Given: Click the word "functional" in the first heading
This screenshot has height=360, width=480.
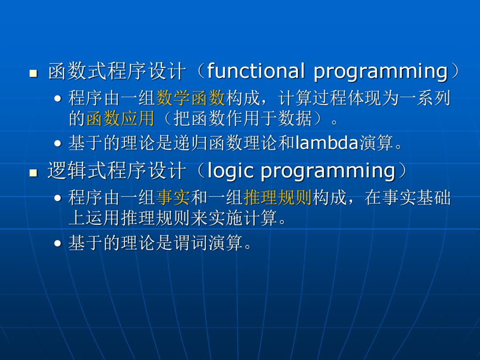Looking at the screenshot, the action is click(256, 71).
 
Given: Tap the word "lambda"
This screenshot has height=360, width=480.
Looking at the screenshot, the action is click(327, 143).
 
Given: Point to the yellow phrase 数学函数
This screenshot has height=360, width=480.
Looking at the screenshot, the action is click(191, 98).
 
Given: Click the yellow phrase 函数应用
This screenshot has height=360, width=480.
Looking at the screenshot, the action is click(120, 119).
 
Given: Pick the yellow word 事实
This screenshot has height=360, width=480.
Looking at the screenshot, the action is click(173, 197).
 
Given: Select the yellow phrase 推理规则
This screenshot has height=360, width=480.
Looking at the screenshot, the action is click(278, 197).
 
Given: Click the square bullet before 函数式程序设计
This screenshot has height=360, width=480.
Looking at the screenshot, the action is click(33, 73).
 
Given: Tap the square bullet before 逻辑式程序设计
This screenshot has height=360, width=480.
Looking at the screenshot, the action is click(33, 173).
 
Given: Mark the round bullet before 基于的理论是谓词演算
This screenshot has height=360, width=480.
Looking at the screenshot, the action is click(57, 244).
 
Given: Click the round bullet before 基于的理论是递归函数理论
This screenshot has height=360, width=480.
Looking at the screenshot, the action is click(57, 143).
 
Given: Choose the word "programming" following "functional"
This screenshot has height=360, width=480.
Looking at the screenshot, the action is click(380, 72).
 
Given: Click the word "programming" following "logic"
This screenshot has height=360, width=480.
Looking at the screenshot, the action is click(328, 172).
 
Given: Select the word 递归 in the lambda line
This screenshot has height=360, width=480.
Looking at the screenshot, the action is click(191, 143).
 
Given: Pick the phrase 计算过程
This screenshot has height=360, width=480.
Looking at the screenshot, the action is click(312, 98).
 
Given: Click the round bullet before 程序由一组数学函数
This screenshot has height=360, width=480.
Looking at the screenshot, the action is click(57, 99).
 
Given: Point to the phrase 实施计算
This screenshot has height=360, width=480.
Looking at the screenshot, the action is click(243, 218).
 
